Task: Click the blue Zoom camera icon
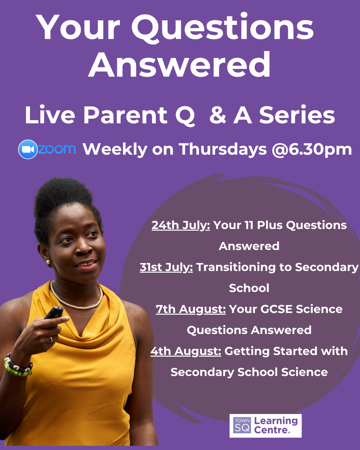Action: pyautogui.click(x=28, y=149)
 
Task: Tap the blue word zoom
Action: pyautogui.click(x=57, y=149)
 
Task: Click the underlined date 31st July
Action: pyautogui.click(x=166, y=268)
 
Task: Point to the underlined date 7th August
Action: pyautogui.click(x=191, y=309)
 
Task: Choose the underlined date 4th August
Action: pyautogui.click(x=186, y=351)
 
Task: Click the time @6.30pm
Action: pyautogui.click(x=312, y=150)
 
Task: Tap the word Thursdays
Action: pyautogui.click(x=223, y=150)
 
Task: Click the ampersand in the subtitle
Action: pyautogui.click(x=218, y=115)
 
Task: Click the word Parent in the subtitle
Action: pyautogui.click(x=126, y=115)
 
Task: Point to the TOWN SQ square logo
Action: pyautogui.click(x=242, y=426)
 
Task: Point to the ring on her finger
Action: pyautogui.click(x=51, y=339)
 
